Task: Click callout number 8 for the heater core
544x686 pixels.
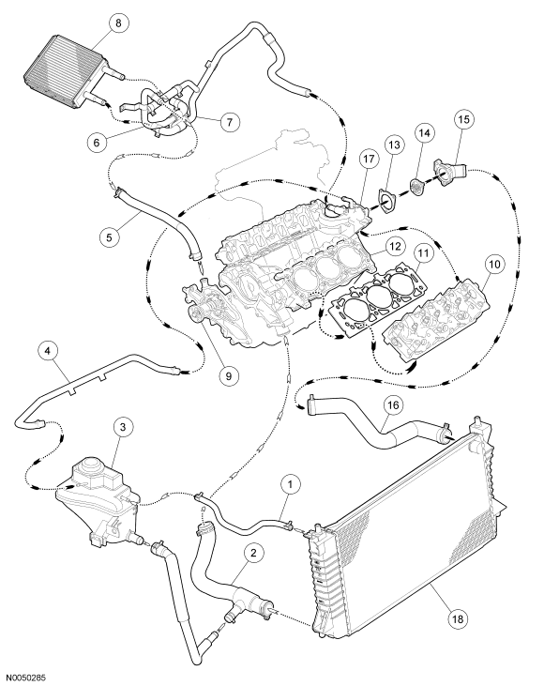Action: pos(118,23)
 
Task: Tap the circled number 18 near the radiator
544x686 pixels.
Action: pos(460,618)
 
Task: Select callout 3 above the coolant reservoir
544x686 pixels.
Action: pos(123,427)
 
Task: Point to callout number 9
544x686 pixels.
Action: pos(229,375)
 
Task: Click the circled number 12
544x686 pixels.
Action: pos(395,246)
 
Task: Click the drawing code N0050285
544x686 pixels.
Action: pos(26,678)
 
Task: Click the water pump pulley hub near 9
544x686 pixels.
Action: pos(195,313)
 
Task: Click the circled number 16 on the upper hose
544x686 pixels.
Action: pos(393,405)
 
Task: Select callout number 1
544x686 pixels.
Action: pos(292,484)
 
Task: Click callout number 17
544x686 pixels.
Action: pos(369,159)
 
